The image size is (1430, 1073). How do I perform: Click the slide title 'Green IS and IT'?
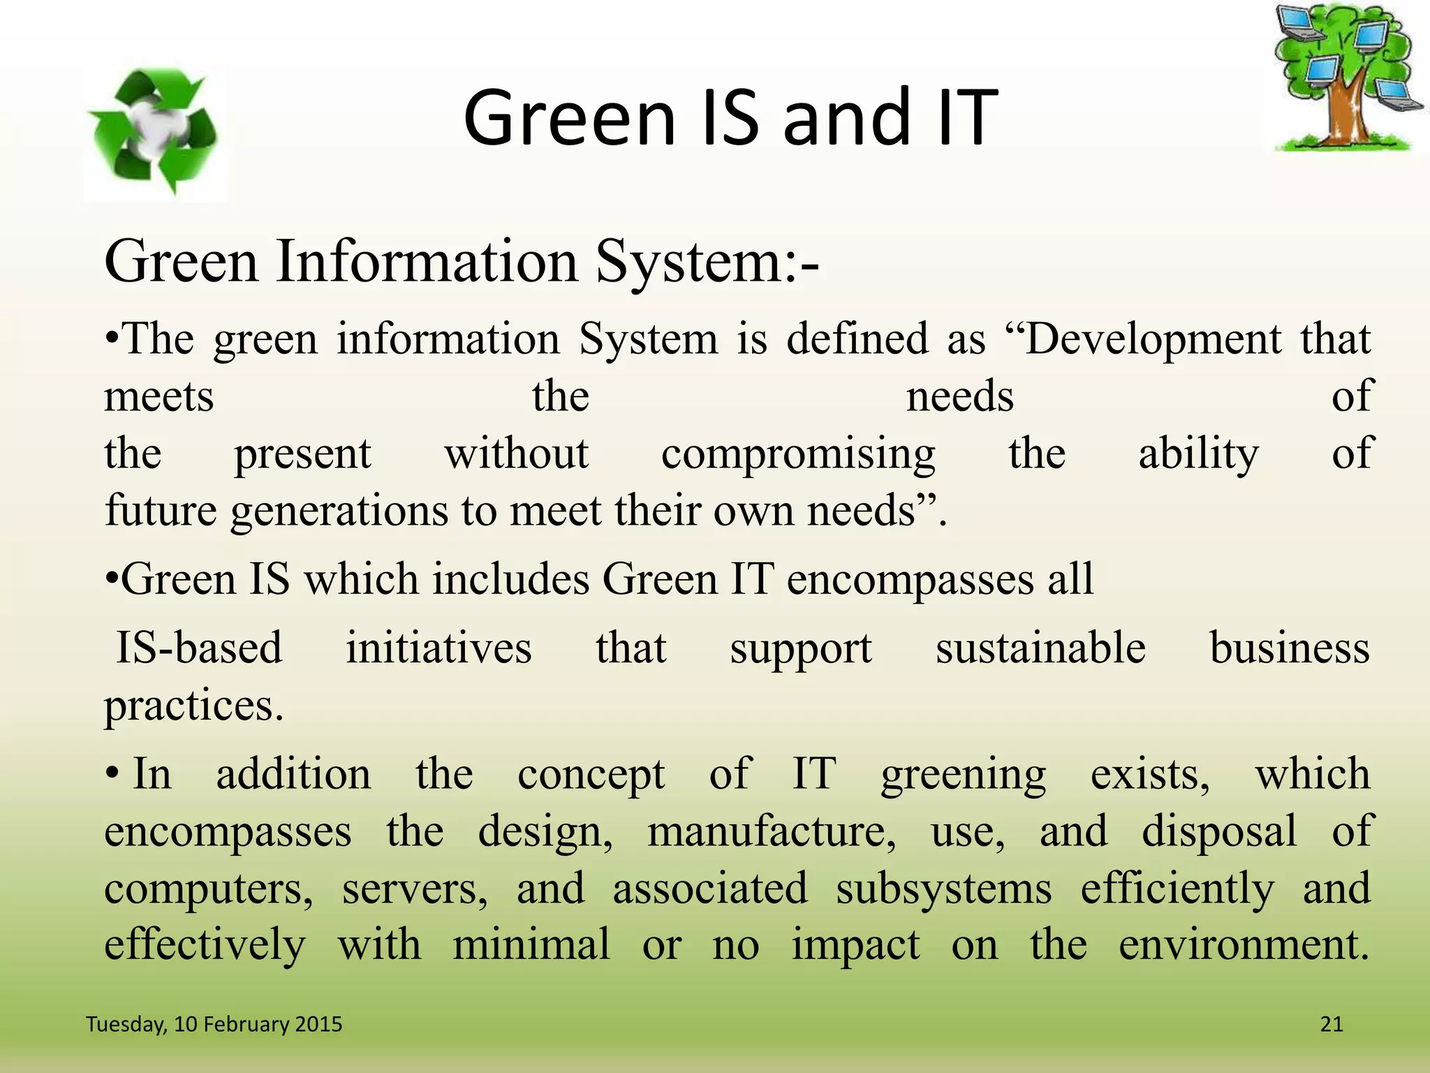(730, 117)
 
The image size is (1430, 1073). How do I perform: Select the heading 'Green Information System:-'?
(462, 262)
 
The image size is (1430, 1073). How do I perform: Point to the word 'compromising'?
(798, 454)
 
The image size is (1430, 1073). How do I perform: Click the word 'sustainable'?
(1040, 648)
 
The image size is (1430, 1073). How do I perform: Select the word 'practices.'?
(194, 706)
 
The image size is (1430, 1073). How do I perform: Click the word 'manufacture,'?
(772, 832)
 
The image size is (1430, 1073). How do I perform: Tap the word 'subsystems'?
(943, 889)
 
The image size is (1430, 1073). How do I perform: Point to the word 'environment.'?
(1244, 945)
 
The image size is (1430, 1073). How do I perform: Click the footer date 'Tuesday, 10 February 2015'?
(214, 1024)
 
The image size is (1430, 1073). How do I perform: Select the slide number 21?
(1332, 1024)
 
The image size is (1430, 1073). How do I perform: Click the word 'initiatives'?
(438, 648)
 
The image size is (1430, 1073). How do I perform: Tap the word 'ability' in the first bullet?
(1198, 454)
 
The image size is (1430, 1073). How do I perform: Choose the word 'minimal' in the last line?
(531, 945)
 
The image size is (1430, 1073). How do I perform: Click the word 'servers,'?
(415, 889)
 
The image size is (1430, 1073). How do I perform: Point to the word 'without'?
(517, 454)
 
